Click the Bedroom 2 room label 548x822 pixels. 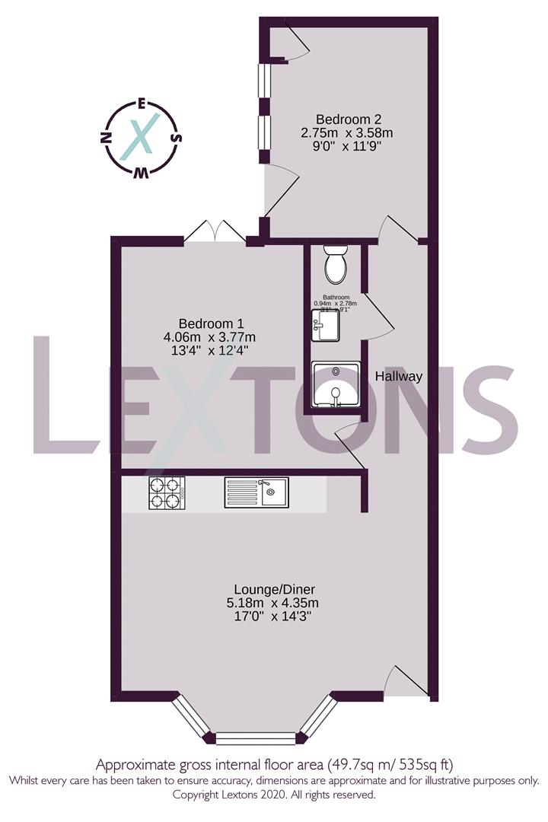coord(349,119)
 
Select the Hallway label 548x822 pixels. coord(399,376)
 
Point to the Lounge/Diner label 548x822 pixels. coord(275,589)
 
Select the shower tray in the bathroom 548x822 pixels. coord(336,385)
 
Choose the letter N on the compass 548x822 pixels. coord(107,138)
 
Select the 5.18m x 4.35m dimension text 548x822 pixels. coord(275,603)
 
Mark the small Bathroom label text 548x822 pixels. coord(336,297)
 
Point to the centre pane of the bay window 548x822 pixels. coord(253,737)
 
